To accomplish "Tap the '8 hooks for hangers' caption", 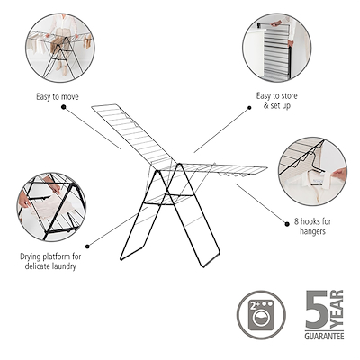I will (309, 226).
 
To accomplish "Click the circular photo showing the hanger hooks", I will (310, 169).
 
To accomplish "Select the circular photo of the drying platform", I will (49, 207).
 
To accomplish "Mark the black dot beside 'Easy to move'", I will (64, 105).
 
